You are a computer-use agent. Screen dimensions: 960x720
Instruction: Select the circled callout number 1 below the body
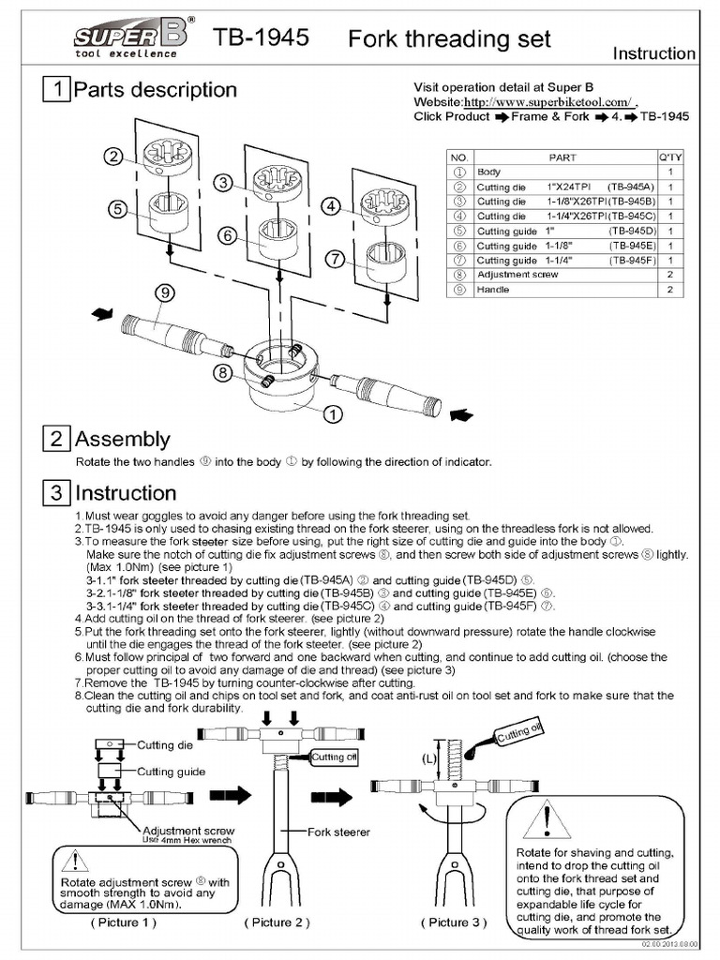point(333,412)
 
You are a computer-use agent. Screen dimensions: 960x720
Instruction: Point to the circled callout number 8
point(222,373)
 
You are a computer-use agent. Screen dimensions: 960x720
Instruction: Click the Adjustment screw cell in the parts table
point(517,276)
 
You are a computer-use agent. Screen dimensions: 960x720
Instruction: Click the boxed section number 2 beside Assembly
point(57,439)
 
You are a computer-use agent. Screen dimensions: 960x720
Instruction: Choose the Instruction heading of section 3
point(125,493)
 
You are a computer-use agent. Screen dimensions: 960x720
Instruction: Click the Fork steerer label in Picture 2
point(339,832)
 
